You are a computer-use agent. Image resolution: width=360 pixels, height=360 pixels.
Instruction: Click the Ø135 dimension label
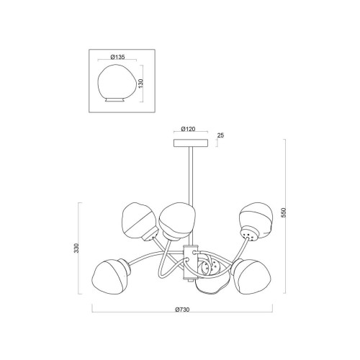117,57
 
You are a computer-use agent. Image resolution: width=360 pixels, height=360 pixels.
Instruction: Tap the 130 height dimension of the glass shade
141,83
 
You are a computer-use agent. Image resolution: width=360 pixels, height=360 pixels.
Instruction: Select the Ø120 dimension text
188,129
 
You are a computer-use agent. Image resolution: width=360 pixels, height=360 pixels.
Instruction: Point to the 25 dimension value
220,135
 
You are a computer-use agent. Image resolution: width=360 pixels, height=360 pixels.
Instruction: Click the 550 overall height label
284,212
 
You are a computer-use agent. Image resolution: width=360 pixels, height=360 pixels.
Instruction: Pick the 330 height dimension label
76,248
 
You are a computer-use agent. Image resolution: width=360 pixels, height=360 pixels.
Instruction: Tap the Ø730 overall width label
182,310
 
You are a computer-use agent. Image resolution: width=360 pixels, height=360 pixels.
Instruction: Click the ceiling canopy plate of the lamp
191,143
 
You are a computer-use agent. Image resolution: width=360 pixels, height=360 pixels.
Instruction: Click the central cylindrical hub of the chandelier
191,262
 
